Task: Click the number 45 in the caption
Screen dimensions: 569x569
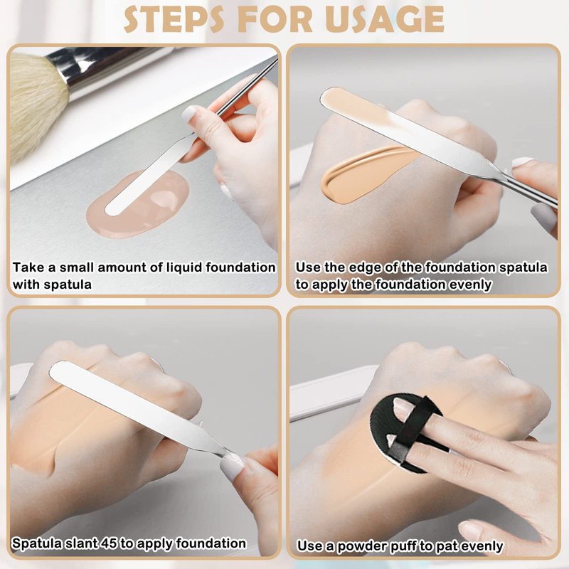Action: pos(110,543)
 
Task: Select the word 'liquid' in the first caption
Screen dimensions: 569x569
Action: pos(184,267)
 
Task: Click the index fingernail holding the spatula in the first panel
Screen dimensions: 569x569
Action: pos(189,115)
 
